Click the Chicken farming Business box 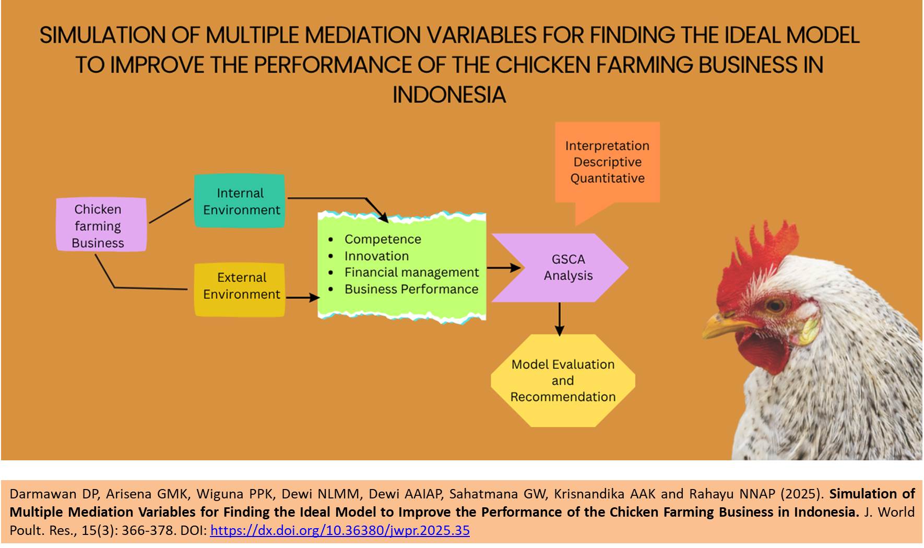tap(101, 225)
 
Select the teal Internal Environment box tap(240, 201)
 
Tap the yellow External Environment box tap(240, 290)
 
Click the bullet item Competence tap(383, 239)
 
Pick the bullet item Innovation tap(376, 256)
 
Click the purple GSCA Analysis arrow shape tap(560, 268)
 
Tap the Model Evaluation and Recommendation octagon tap(563, 380)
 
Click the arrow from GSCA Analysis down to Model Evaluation tap(560, 319)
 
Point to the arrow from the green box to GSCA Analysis tap(504, 268)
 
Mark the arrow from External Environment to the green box tap(303, 297)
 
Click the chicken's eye tap(775, 305)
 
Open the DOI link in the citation tap(340, 531)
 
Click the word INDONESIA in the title tap(449, 95)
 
